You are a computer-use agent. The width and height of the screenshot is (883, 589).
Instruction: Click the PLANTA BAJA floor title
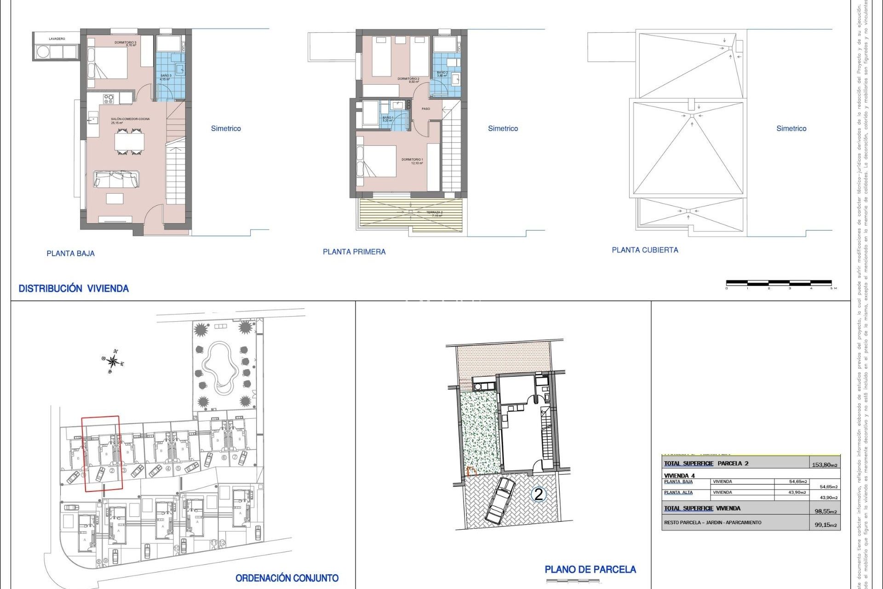pyautogui.click(x=70, y=254)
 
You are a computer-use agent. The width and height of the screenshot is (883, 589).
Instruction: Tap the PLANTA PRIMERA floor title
pyautogui.click(x=354, y=252)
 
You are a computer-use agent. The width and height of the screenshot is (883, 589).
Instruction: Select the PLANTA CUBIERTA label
pyautogui.click(x=645, y=250)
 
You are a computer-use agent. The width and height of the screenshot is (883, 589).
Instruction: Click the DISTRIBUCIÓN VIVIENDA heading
pyautogui.click(x=74, y=289)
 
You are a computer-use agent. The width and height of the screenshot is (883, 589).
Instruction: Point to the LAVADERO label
pyautogui.click(x=57, y=39)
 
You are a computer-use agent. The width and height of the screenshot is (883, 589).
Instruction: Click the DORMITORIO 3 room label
pyautogui.click(x=125, y=44)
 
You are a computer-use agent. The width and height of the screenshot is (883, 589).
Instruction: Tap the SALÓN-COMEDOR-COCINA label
pyautogui.click(x=130, y=121)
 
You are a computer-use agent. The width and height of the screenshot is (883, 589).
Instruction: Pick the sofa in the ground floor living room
pyautogui.click(x=116, y=179)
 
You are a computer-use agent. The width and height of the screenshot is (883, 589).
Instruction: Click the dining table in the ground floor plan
pyautogui.click(x=129, y=142)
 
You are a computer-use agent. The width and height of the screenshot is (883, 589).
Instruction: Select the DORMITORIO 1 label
pyautogui.click(x=412, y=161)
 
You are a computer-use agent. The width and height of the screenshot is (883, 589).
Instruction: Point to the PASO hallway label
pyautogui.click(x=426, y=109)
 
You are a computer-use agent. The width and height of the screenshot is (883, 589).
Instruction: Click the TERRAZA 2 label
pyautogui.click(x=434, y=214)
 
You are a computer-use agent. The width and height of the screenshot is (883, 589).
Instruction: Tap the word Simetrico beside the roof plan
pyautogui.click(x=791, y=128)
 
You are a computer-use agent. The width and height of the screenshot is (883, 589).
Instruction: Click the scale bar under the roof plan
pyautogui.click(x=779, y=283)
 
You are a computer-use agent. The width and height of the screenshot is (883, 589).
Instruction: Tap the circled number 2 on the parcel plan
pyautogui.click(x=538, y=495)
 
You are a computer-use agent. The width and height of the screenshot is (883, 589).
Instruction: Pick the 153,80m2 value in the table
pyautogui.click(x=824, y=465)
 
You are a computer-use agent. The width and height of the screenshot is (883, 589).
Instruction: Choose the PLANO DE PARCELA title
pyautogui.click(x=590, y=570)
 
